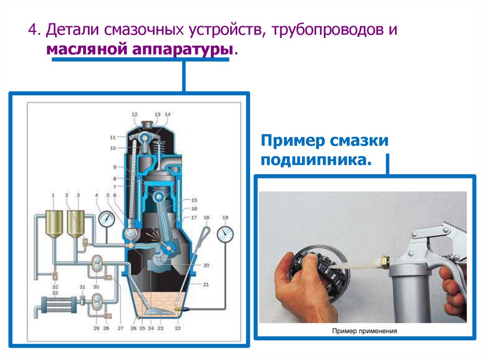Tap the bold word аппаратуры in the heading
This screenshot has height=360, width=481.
tap(183, 49)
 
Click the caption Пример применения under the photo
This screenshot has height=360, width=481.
tap(365, 331)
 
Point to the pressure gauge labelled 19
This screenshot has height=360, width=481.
tap(225, 234)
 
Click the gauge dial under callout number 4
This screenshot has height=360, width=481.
tap(107, 219)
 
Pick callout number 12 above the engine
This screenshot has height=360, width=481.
tap(134, 115)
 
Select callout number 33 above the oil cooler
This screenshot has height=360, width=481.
tap(55, 293)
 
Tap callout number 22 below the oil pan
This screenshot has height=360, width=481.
tap(178, 328)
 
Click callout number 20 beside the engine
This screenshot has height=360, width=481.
tap(206, 265)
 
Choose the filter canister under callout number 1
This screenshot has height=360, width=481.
tap(54, 224)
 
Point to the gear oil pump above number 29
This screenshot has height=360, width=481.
tap(97, 302)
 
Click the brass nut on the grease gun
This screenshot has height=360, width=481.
tap(385, 262)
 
